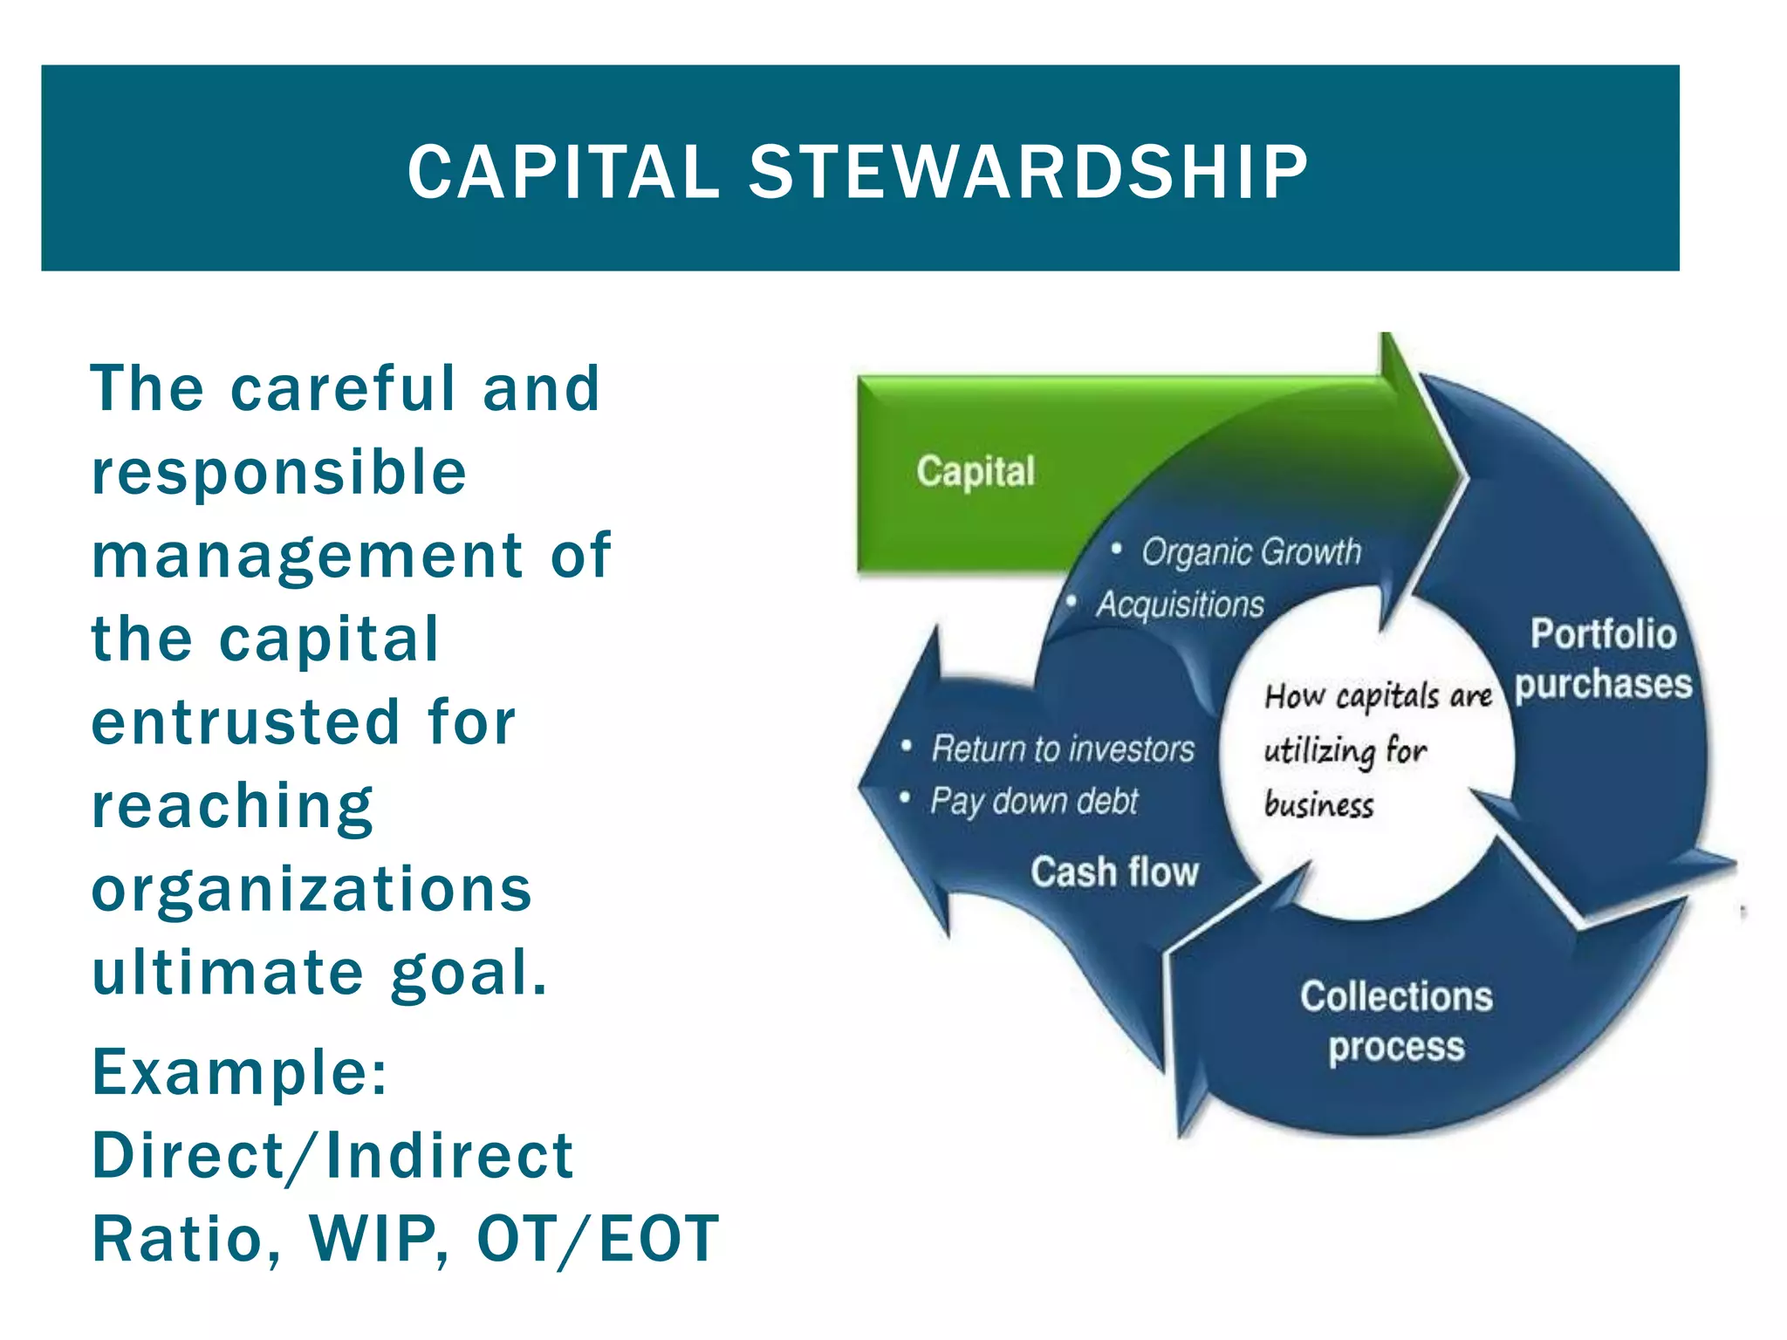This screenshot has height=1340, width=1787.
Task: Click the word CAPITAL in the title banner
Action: (563, 172)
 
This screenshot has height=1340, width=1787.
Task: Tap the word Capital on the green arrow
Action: (975, 472)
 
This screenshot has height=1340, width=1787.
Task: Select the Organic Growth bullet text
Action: (1250, 552)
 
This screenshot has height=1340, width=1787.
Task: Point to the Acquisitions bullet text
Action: (1180, 605)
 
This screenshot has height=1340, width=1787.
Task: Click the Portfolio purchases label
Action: (1603, 660)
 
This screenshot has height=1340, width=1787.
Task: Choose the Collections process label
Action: (1396, 1021)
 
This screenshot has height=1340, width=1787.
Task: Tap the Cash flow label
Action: (1114, 872)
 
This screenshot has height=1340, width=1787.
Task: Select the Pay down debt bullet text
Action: (1034, 801)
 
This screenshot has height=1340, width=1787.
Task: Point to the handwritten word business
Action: (1318, 804)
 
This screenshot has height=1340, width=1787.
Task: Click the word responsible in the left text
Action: (279, 473)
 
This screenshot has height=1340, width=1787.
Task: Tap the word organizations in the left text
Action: (312, 890)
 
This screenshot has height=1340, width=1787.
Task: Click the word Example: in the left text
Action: (240, 1072)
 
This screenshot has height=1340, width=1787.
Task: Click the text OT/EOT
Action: (598, 1239)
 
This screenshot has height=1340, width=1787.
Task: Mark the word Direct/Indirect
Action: (332, 1156)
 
